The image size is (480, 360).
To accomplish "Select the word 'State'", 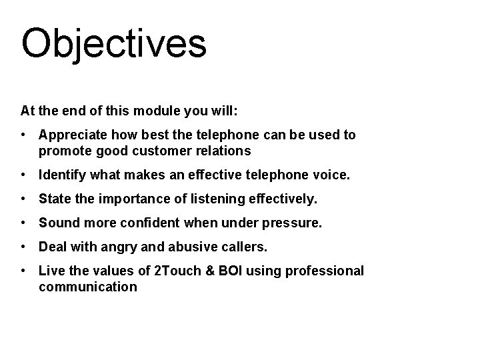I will click(x=55, y=200).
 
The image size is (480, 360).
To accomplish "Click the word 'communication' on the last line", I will click(x=88, y=287).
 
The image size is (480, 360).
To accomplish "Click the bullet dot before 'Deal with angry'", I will click(x=24, y=247).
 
